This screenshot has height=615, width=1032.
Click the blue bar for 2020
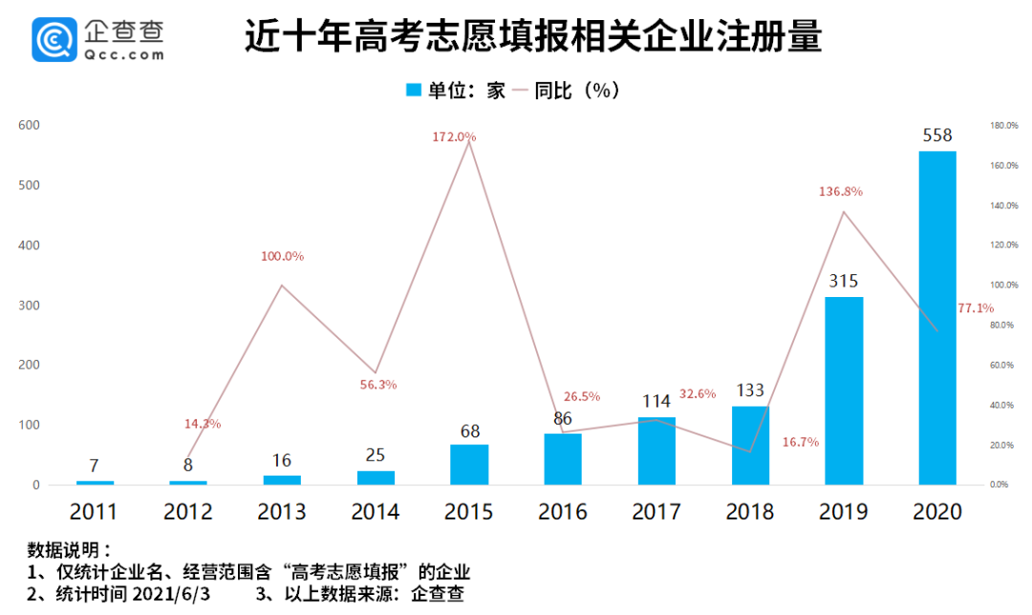[x=937, y=318]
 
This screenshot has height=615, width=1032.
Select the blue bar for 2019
[x=844, y=391]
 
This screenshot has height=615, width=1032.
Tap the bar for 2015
[x=468, y=465]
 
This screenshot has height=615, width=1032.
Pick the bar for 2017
[x=656, y=451]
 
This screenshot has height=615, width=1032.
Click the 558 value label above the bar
[x=937, y=136]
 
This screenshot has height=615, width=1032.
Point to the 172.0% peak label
[x=454, y=137]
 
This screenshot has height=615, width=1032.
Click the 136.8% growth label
[x=841, y=191]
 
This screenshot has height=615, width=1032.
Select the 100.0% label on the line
[x=282, y=256]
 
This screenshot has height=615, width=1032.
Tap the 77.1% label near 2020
[x=975, y=308]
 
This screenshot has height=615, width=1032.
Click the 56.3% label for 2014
[x=378, y=385]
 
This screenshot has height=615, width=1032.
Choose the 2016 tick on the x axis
[x=563, y=512]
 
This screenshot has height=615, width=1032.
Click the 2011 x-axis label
[x=95, y=512]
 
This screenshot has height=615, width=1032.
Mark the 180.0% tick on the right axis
[x=1002, y=125]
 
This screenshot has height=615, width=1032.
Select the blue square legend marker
[x=414, y=90]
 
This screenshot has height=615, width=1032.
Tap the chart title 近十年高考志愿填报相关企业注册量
[x=533, y=37]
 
